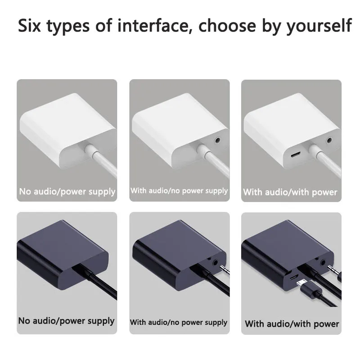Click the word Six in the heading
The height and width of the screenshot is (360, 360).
pyautogui.click(x=29, y=25)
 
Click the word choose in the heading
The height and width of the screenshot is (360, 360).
pyautogui.click(x=227, y=25)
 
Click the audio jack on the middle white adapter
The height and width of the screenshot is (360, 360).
pyautogui.click(x=217, y=140)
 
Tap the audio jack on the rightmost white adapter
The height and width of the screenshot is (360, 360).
pyautogui.click(x=329, y=140)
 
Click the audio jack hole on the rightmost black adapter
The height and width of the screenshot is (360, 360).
pyautogui.click(x=323, y=262)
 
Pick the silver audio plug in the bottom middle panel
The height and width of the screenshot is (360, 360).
pyautogui.click(x=225, y=269)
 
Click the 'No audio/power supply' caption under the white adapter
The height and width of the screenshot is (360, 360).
pyautogui.click(x=67, y=192)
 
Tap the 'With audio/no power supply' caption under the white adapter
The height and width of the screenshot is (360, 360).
pyautogui.click(x=179, y=191)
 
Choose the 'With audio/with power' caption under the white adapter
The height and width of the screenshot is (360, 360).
pyautogui.click(x=290, y=192)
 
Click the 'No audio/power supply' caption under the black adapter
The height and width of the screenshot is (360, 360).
pyautogui.click(x=66, y=321)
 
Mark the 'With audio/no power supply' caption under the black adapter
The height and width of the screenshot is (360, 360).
pyautogui.click(x=179, y=322)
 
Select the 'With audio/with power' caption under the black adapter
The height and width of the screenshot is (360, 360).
pyautogui.click(x=292, y=324)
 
